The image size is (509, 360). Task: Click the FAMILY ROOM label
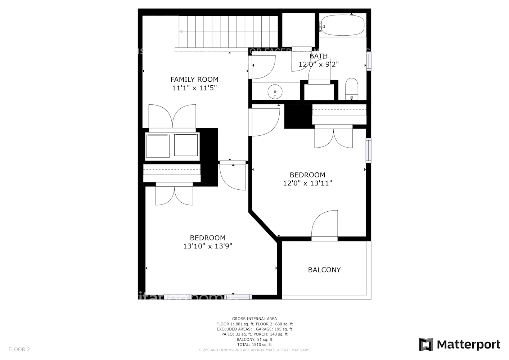194,80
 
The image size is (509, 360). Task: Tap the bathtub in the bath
342,25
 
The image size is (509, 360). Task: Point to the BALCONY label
324,270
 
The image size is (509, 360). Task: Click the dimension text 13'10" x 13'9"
207,246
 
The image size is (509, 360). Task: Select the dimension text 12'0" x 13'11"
307,183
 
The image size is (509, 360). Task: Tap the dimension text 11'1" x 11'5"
194,88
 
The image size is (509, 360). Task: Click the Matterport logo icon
426,345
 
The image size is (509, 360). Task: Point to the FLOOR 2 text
19,349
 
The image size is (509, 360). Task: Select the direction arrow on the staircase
181,32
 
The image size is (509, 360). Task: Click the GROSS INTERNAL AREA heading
254,319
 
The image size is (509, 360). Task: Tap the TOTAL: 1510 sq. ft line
254,345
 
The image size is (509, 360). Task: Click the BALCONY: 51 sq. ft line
254,339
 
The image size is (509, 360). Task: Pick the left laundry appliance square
158,145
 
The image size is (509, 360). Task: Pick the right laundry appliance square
186,145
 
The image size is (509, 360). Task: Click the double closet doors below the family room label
172,117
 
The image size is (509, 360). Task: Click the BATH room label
319,56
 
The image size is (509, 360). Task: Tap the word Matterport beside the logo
468,345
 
